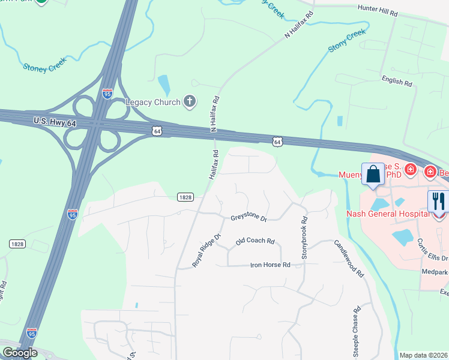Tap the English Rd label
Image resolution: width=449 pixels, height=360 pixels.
pos(397,82)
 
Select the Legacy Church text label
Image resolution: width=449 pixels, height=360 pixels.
pos(152,102)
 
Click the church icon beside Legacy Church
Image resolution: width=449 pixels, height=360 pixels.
pos(190,101)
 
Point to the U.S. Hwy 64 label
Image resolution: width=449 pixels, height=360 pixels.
pos(55,122)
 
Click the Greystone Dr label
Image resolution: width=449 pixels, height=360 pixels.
pos(249,218)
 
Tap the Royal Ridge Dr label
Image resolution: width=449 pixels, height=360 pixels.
pos(207,250)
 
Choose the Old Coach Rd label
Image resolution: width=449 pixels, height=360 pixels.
pos(255,241)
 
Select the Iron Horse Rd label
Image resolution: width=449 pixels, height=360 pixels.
pos(270,265)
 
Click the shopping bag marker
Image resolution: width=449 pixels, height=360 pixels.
pos(373,175)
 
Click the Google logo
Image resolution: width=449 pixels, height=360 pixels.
pos(20,353)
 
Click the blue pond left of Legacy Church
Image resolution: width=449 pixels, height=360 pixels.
pos(163,84)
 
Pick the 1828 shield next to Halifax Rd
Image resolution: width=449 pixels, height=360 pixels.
pos(185,197)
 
